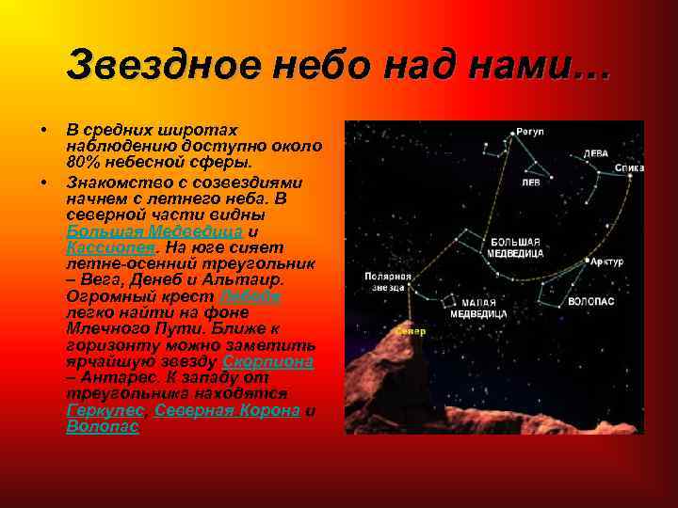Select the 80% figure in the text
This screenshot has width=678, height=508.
pos(84,163)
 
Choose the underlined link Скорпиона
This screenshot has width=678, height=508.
pos(266,361)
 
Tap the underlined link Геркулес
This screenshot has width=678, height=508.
pos(105,411)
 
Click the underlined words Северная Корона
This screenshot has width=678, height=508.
pos(228,411)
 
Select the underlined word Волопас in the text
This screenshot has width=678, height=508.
pos(103,426)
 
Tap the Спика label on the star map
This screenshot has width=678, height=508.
pos(629,168)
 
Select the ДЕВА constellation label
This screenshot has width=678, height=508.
pos(595,152)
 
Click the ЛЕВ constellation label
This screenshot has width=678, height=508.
pos(531,183)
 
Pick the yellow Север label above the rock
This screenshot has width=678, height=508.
pos(411,331)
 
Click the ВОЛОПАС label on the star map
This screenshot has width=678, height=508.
pos(590,302)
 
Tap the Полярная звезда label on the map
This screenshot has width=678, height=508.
pos(388,283)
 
